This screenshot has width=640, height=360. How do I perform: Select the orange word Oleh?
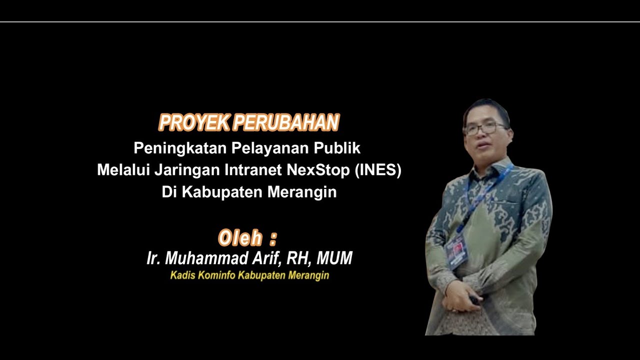(x=240, y=238)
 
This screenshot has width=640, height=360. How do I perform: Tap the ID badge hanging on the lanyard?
(x=456, y=250)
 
